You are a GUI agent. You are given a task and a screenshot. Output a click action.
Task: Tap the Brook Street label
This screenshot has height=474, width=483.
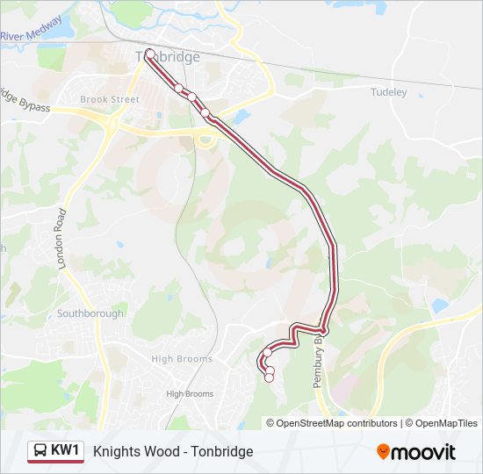coord(110,99)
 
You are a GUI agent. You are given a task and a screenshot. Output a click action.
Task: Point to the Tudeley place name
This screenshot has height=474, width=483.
coord(388,91)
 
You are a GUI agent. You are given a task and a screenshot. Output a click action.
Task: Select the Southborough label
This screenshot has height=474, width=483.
coord(90,313)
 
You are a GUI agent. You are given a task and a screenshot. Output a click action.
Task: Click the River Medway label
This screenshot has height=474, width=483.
coord(31,29)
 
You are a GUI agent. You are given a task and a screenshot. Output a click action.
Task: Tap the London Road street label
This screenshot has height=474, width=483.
coord(62,238)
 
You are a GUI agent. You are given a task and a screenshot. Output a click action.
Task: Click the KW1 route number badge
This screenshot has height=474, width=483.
coord(66,451)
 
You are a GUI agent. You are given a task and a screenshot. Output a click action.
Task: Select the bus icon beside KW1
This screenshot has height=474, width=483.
coord(40,451)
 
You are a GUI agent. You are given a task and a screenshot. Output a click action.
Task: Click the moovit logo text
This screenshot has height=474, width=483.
coord(424,452)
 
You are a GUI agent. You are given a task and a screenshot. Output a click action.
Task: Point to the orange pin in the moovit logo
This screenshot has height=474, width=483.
coord(383,452)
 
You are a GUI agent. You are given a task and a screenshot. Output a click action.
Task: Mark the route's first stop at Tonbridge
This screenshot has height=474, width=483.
coord(150,54)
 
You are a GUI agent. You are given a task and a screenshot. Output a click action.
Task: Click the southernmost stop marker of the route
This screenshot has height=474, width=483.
coord(270,377)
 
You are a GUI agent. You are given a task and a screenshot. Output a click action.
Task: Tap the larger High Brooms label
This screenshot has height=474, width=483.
coord(182,359)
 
